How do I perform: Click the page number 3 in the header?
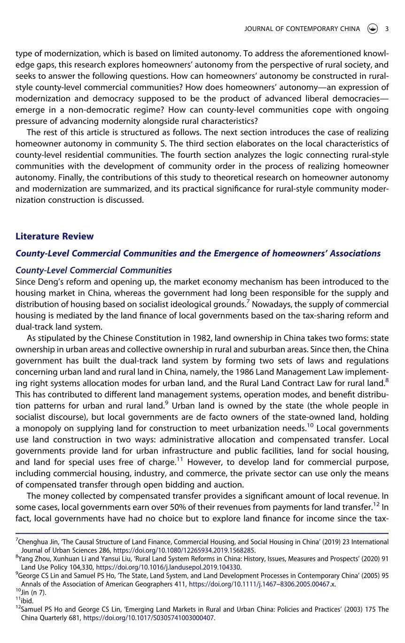pyautogui.click(x=387, y=29)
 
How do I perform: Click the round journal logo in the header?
pyautogui.click(x=373, y=29)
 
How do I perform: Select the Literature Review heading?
pyautogui.click(x=55, y=236)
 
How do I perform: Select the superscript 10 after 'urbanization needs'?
pyautogui.click(x=310, y=426)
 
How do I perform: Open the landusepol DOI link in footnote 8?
pyautogui.click(x=168, y=567)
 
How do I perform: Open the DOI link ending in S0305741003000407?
pyautogui.click(x=148, y=618)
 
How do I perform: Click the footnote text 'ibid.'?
pyautogui.click(x=27, y=601)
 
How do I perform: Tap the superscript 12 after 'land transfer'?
pyautogui.click(x=376, y=505)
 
